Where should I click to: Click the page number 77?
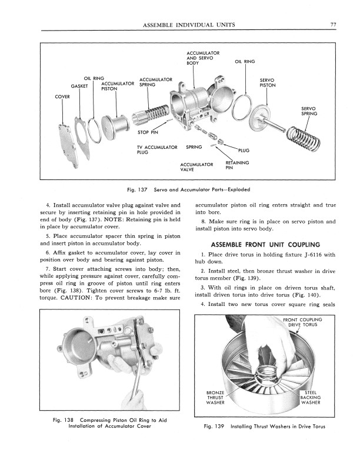click(x=333, y=25)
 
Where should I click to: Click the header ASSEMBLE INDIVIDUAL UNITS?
click(x=185, y=25)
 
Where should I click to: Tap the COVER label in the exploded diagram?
click(x=62, y=96)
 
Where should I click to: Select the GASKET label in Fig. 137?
click(x=79, y=86)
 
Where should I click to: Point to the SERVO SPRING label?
click(x=309, y=111)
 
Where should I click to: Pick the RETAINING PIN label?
click(x=237, y=165)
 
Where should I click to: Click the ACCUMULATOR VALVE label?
click(x=196, y=167)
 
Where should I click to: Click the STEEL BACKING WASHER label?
click(x=310, y=397)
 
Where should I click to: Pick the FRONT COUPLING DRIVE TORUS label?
click(x=302, y=322)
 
